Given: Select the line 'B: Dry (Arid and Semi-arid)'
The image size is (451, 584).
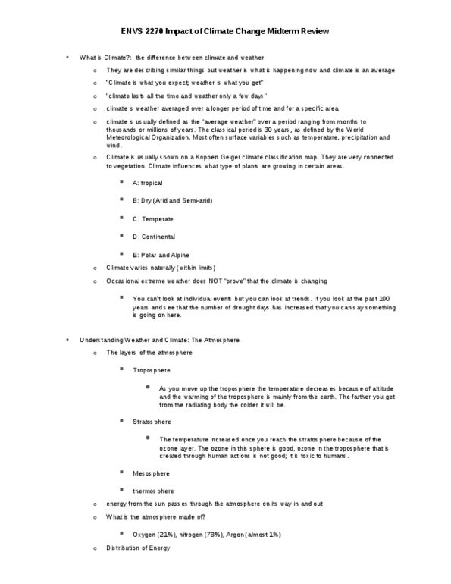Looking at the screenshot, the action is [x=172, y=201].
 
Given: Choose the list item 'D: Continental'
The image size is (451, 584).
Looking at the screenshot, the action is [x=155, y=237].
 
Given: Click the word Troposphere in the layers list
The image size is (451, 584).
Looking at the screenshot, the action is [x=152, y=370].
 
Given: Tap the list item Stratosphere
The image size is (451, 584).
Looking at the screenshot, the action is [x=152, y=422].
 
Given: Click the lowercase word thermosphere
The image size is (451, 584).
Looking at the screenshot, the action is [x=153, y=491].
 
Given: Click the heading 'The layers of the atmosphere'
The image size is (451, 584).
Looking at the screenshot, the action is [x=149, y=353].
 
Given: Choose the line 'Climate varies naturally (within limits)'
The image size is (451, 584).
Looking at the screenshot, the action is [x=161, y=268].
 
